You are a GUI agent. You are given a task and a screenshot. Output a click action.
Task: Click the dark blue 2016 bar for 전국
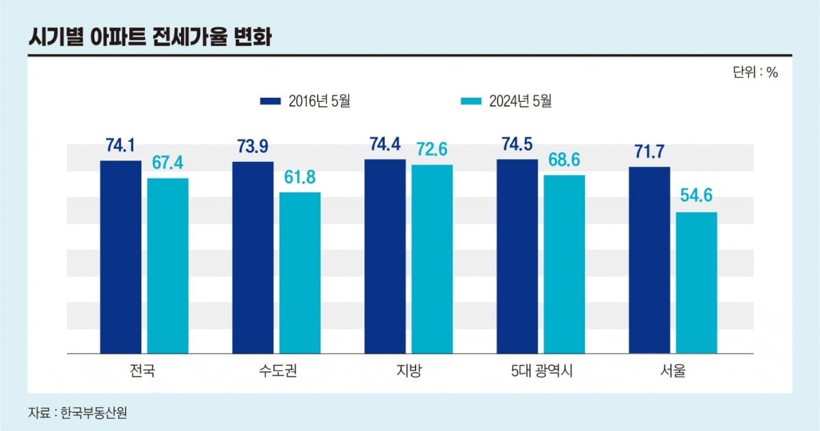click(x=120, y=257)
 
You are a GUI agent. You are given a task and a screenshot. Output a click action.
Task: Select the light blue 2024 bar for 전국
click(x=167, y=266)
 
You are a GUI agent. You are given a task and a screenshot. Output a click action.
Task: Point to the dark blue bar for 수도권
click(x=252, y=258)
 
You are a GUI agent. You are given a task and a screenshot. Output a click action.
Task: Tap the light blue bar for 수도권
click(x=299, y=273)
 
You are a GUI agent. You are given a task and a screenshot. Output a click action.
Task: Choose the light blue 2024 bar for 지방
click(x=432, y=259)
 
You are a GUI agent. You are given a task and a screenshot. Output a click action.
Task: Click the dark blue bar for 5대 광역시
click(x=517, y=256)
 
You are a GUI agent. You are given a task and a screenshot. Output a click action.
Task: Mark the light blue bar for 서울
click(x=696, y=283)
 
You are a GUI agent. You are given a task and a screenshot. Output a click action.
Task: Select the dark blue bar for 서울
click(x=649, y=260)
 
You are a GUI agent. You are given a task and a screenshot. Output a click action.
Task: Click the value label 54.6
click(x=696, y=196)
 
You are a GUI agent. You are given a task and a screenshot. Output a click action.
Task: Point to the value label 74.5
click(x=517, y=145)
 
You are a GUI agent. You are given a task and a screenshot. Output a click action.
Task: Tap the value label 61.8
click(x=299, y=178)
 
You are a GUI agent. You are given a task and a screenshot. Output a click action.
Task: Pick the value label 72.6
click(x=431, y=149)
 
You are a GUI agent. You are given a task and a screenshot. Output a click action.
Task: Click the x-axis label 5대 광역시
click(x=541, y=372)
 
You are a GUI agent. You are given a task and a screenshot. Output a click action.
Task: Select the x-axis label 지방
click(x=409, y=372)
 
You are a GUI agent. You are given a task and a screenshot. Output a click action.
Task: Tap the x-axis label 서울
click(x=672, y=372)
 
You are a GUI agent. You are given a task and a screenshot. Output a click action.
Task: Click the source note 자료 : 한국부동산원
click(x=78, y=413)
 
